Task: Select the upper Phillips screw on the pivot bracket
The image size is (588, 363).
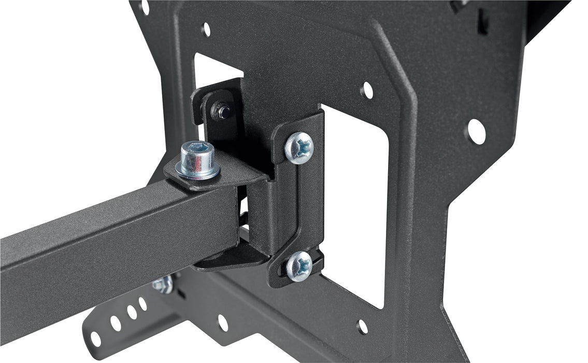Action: coord(299,147)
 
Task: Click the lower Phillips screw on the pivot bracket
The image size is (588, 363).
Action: coord(299,266)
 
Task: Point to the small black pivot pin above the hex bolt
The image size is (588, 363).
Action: coord(223,110)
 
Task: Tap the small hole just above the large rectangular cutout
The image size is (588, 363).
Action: coord(366,90)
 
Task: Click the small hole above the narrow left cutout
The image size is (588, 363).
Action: coord(206,29)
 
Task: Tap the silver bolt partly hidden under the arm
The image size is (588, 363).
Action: coord(163,285)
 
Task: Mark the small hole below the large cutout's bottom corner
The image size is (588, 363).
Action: coord(363,326)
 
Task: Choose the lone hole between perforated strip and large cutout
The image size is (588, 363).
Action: coord(222,322)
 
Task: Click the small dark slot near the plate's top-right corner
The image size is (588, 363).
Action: coord(482,23)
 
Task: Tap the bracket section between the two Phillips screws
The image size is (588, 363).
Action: coord(300,207)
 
